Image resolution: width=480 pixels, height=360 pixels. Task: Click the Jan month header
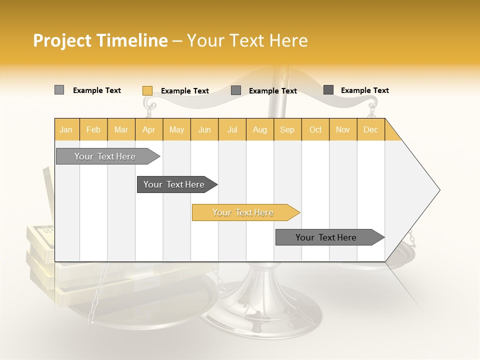click(x=66, y=130)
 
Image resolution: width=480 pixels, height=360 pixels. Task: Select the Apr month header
click(x=149, y=130)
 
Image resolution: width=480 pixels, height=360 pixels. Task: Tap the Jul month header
click(x=232, y=130)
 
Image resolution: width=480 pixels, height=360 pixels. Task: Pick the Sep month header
click(x=287, y=130)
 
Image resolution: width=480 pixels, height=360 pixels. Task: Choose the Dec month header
click(x=370, y=130)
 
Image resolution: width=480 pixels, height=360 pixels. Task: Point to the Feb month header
click(x=93, y=130)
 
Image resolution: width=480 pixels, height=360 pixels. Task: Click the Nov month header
click(x=343, y=130)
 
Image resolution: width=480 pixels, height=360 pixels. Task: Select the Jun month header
click(x=204, y=130)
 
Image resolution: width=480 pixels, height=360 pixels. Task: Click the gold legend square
click(x=147, y=90)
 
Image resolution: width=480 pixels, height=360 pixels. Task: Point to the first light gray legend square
click(x=59, y=90)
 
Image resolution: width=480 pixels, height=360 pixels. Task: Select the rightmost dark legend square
click(x=328, y=90)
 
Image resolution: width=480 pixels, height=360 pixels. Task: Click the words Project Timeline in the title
click(x=100, y=40)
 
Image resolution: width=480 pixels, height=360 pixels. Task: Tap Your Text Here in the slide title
click(x=247, y=40)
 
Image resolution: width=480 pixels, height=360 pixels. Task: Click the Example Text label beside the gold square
click(x=185, y=91)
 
